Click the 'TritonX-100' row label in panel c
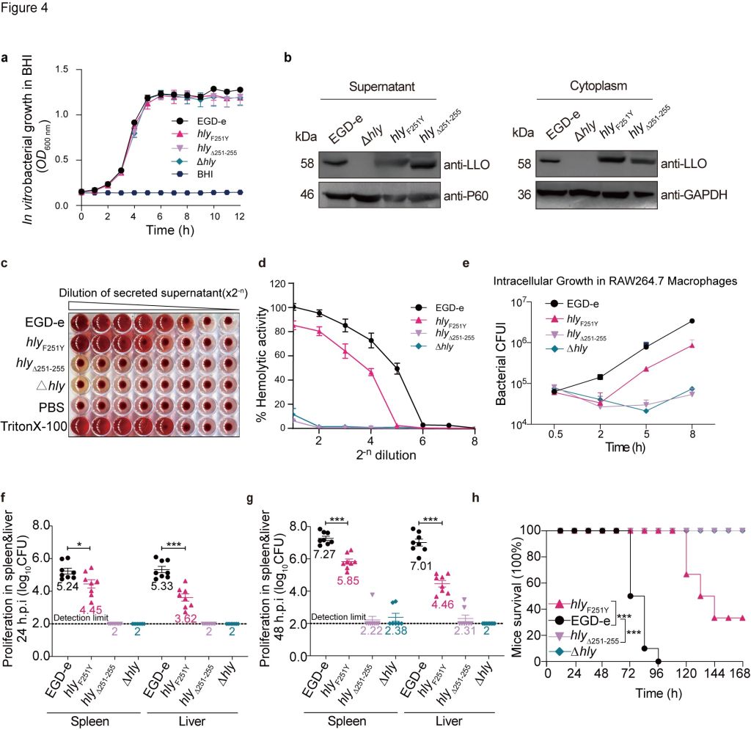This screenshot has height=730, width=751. (34, 425)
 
